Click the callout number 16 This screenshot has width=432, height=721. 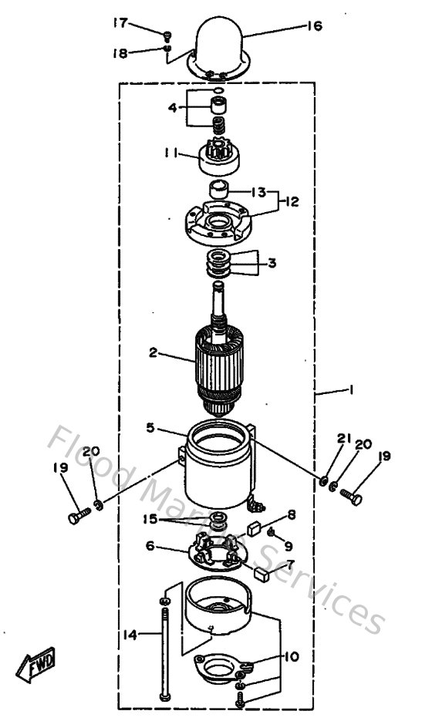click(x=313, y=25)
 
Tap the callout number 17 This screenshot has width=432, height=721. click(x=120, y=23)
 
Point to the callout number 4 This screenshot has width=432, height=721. click(x=174, y=106)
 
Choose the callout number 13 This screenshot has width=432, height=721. click(x=258, y=190)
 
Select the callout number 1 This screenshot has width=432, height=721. click(x=351, y=391)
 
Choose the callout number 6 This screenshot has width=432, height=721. click(x=150, y=545)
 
